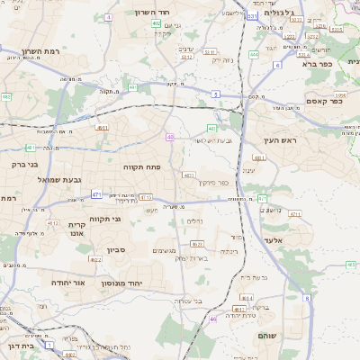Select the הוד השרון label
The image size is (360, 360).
(153, 12)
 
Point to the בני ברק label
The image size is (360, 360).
(24, 165)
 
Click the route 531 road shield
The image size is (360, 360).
(253, 16)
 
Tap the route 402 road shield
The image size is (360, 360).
(157, 24)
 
